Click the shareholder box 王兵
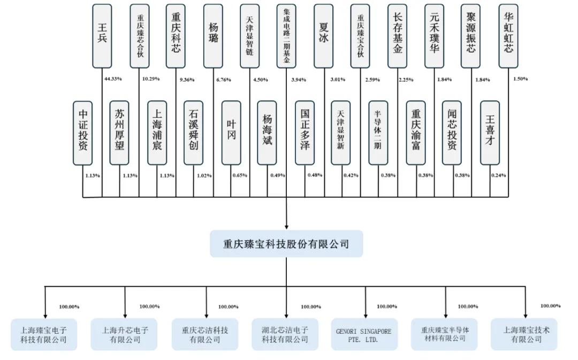click(102, 36)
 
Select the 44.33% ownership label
click(113, 79)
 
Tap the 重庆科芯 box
click(176, 36)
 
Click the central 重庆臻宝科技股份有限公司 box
click(286, 243)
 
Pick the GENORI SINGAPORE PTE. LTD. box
click(364, 335)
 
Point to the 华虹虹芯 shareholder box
click(508, 36)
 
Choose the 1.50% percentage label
click(521, 79)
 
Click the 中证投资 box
click(83, 133)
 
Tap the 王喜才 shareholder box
click(490, 133)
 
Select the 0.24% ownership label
click(498, 175)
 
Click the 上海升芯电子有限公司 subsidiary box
click(124, 335)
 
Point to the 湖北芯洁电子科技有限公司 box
click(285, 335)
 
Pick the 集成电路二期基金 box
click(287, 36)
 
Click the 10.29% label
click(151, 79)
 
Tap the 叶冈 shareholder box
click(231, 133)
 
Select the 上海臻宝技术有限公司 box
click(524, 335)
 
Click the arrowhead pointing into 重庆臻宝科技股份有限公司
click(286, 227)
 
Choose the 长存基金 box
click(397, 36)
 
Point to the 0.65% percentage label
click(240, 175)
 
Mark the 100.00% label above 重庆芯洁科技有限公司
click(228, 307)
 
